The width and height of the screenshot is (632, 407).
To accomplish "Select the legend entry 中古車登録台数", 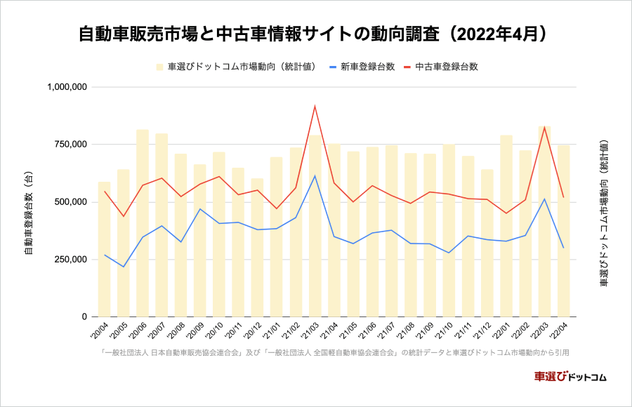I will tap(447, 67).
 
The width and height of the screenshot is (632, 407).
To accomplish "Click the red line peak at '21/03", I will tap(315, 107).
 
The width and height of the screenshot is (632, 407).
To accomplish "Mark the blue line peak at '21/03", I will tap(315, 175).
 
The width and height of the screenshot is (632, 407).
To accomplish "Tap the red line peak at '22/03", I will tap(544, 127).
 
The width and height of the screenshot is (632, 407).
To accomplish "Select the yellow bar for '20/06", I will tap(143, 225).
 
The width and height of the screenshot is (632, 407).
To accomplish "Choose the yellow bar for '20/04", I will tap(104, 249).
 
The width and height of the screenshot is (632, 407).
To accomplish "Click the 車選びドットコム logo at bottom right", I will tap(570, 376).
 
